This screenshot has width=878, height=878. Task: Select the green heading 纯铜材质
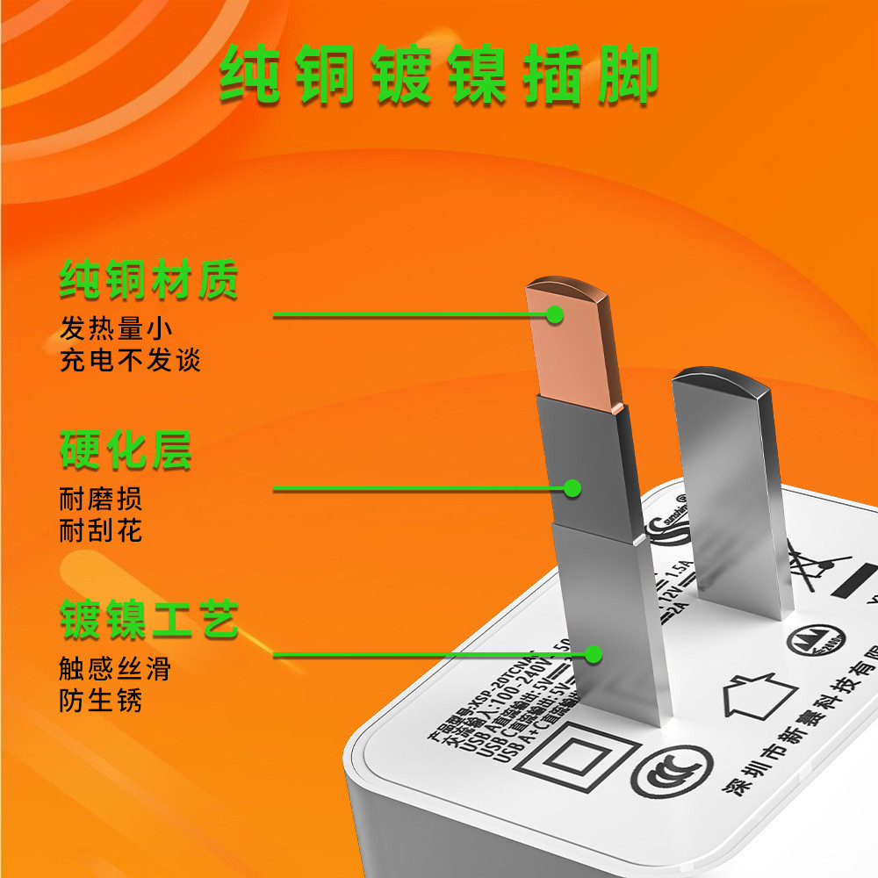coord(149,281)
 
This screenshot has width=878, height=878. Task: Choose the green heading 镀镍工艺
coord(149,620)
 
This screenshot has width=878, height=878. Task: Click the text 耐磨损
coord(101,500)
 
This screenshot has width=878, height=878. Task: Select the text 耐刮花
coord(101,530)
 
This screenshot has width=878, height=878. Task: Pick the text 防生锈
coord(101,701)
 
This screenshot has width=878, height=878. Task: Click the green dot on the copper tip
coord(555,313)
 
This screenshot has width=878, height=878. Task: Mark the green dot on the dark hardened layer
coord(572,487)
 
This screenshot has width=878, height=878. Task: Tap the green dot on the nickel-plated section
coord(594,654)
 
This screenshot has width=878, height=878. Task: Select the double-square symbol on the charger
coord(570,757)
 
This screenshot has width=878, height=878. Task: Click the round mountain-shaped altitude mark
coord(824,642)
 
